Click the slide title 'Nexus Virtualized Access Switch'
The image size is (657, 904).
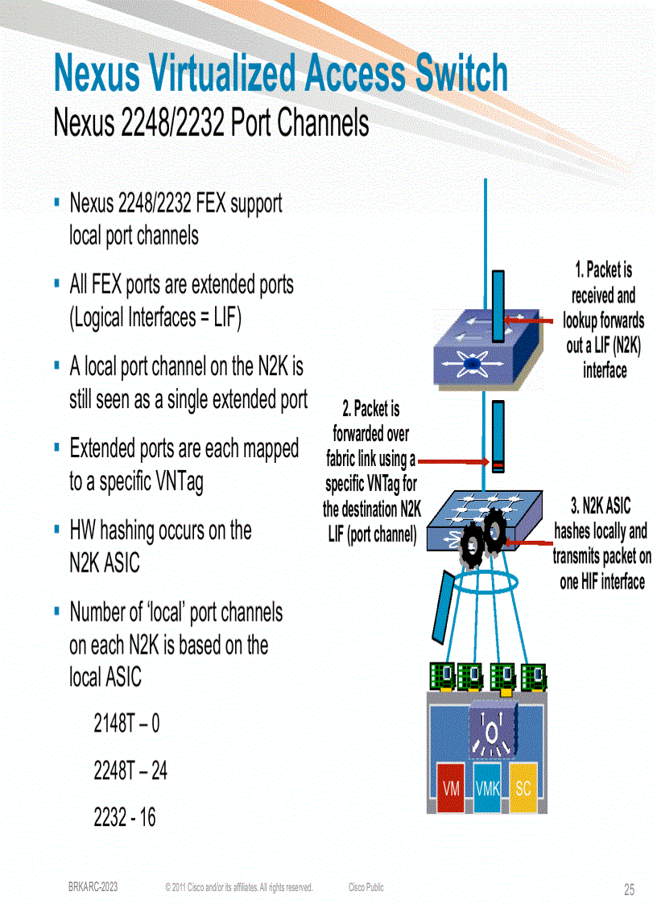pos(280,74)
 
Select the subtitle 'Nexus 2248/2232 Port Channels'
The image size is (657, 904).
pos(211,124)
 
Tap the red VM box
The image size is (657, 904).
pos(452,788)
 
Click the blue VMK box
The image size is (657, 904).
pos(487,788)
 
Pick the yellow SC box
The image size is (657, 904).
pos(523,788)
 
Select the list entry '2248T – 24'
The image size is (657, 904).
pos(130,771)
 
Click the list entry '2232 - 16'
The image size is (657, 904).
pos(125,818)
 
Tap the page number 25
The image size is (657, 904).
pos(629,890)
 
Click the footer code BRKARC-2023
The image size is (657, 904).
pos(93,886)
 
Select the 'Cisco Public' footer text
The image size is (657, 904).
pos(366,887)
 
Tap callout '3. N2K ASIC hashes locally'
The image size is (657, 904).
pos(601,543)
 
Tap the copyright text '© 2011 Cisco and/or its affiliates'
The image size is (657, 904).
pos(238,887)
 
